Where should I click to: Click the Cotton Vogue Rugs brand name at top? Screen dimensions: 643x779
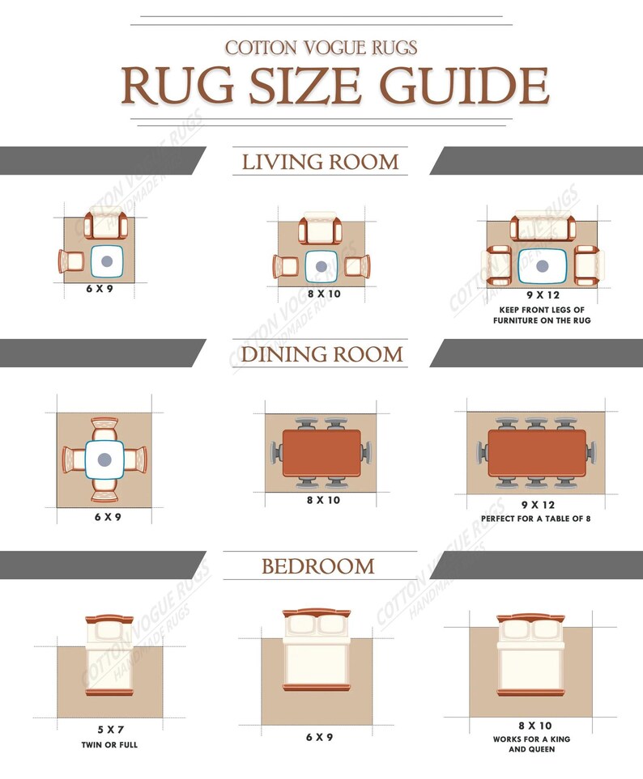click(x=321, y=48)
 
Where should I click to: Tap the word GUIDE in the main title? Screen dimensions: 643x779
click(x=465, y=86)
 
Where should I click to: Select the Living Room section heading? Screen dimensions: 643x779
click(x=320, y=162)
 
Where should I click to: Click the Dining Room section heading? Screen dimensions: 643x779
click(x=321, y=354)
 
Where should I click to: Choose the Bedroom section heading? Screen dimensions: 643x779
click(x=318, y=566)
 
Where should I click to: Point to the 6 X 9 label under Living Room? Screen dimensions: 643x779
click(x=100, y=289)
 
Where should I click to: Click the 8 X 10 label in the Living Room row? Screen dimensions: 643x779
click(x=324, y=294)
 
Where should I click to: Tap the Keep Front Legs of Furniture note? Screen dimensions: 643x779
click(x=542, y=315)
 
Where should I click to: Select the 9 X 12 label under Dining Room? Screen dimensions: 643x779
click(x=538, y=506)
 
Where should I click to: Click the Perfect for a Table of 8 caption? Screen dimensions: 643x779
click(x=535, y=519)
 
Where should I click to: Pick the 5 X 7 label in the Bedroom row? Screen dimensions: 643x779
click(x=110, y=730)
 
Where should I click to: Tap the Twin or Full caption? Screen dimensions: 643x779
click(x=109, y=745)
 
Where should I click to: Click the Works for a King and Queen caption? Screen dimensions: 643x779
click(x=531, y=743)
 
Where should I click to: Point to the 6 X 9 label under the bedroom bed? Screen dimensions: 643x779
click(x=319, y=737)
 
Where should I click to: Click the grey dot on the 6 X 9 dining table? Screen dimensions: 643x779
click(x=104, y=460)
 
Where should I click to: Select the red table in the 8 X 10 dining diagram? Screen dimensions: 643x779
click(x=321, y=453)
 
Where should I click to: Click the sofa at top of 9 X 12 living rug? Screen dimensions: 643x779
click(x=543, y=226)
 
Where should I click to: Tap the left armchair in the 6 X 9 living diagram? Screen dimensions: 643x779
click(x=71, y=261)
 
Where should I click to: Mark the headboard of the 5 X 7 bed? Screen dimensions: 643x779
click(x=109, y=620)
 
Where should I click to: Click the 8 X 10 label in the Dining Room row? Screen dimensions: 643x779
click(x=323, y=500)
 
